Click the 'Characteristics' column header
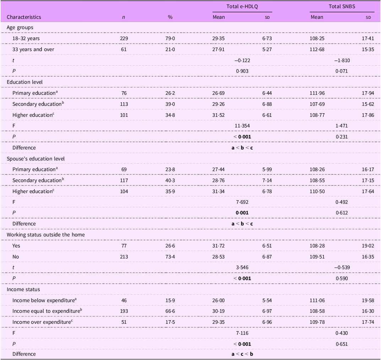pos(24,17)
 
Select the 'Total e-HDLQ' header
pos(242,6)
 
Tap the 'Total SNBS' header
pos(342,6)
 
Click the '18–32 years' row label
pos(26,38)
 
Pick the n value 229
pos(124,38)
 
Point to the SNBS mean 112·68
pos(317,49)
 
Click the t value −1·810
pos(342,60)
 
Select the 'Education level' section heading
pos(25,82)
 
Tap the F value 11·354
pos(242,126)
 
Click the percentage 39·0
pos(170,104)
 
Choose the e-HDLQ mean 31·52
pos(218,115)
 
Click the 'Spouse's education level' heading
pos(36,159)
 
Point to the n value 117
pos(124,180)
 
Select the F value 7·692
pos(242,202)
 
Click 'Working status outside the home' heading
pos(46,235)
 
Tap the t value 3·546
pos(242,267)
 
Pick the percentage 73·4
pos(170,257)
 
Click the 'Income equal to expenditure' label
pos(47,311)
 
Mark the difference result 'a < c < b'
pos(242,354)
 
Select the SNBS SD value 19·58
pos(368,300)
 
